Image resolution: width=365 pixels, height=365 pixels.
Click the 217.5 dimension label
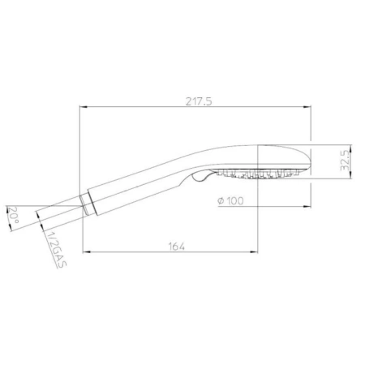coord(199,101)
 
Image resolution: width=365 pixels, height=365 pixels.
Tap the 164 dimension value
coord(177,247)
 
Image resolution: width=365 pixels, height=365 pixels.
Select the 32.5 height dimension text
coord(346,161)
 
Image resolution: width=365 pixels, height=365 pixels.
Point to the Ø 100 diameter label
coord(230,201)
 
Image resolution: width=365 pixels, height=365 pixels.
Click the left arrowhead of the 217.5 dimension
coord(83,107)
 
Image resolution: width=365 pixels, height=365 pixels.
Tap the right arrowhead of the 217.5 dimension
coord(307,107)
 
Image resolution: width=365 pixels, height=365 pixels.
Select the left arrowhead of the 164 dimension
coord(86,252)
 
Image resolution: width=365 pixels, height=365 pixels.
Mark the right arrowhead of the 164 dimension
coord(254,252)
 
